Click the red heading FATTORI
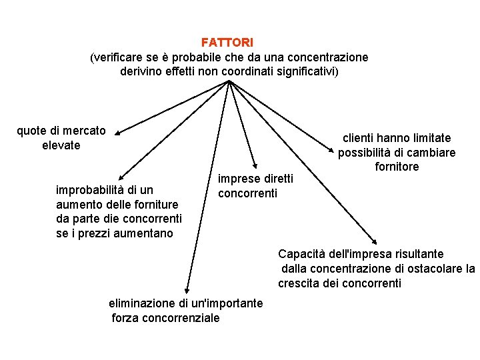click(227, 43)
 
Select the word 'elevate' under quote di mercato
click(61, 145)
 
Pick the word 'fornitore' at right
click(397, 167)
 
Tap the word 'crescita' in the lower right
click(300, 283)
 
